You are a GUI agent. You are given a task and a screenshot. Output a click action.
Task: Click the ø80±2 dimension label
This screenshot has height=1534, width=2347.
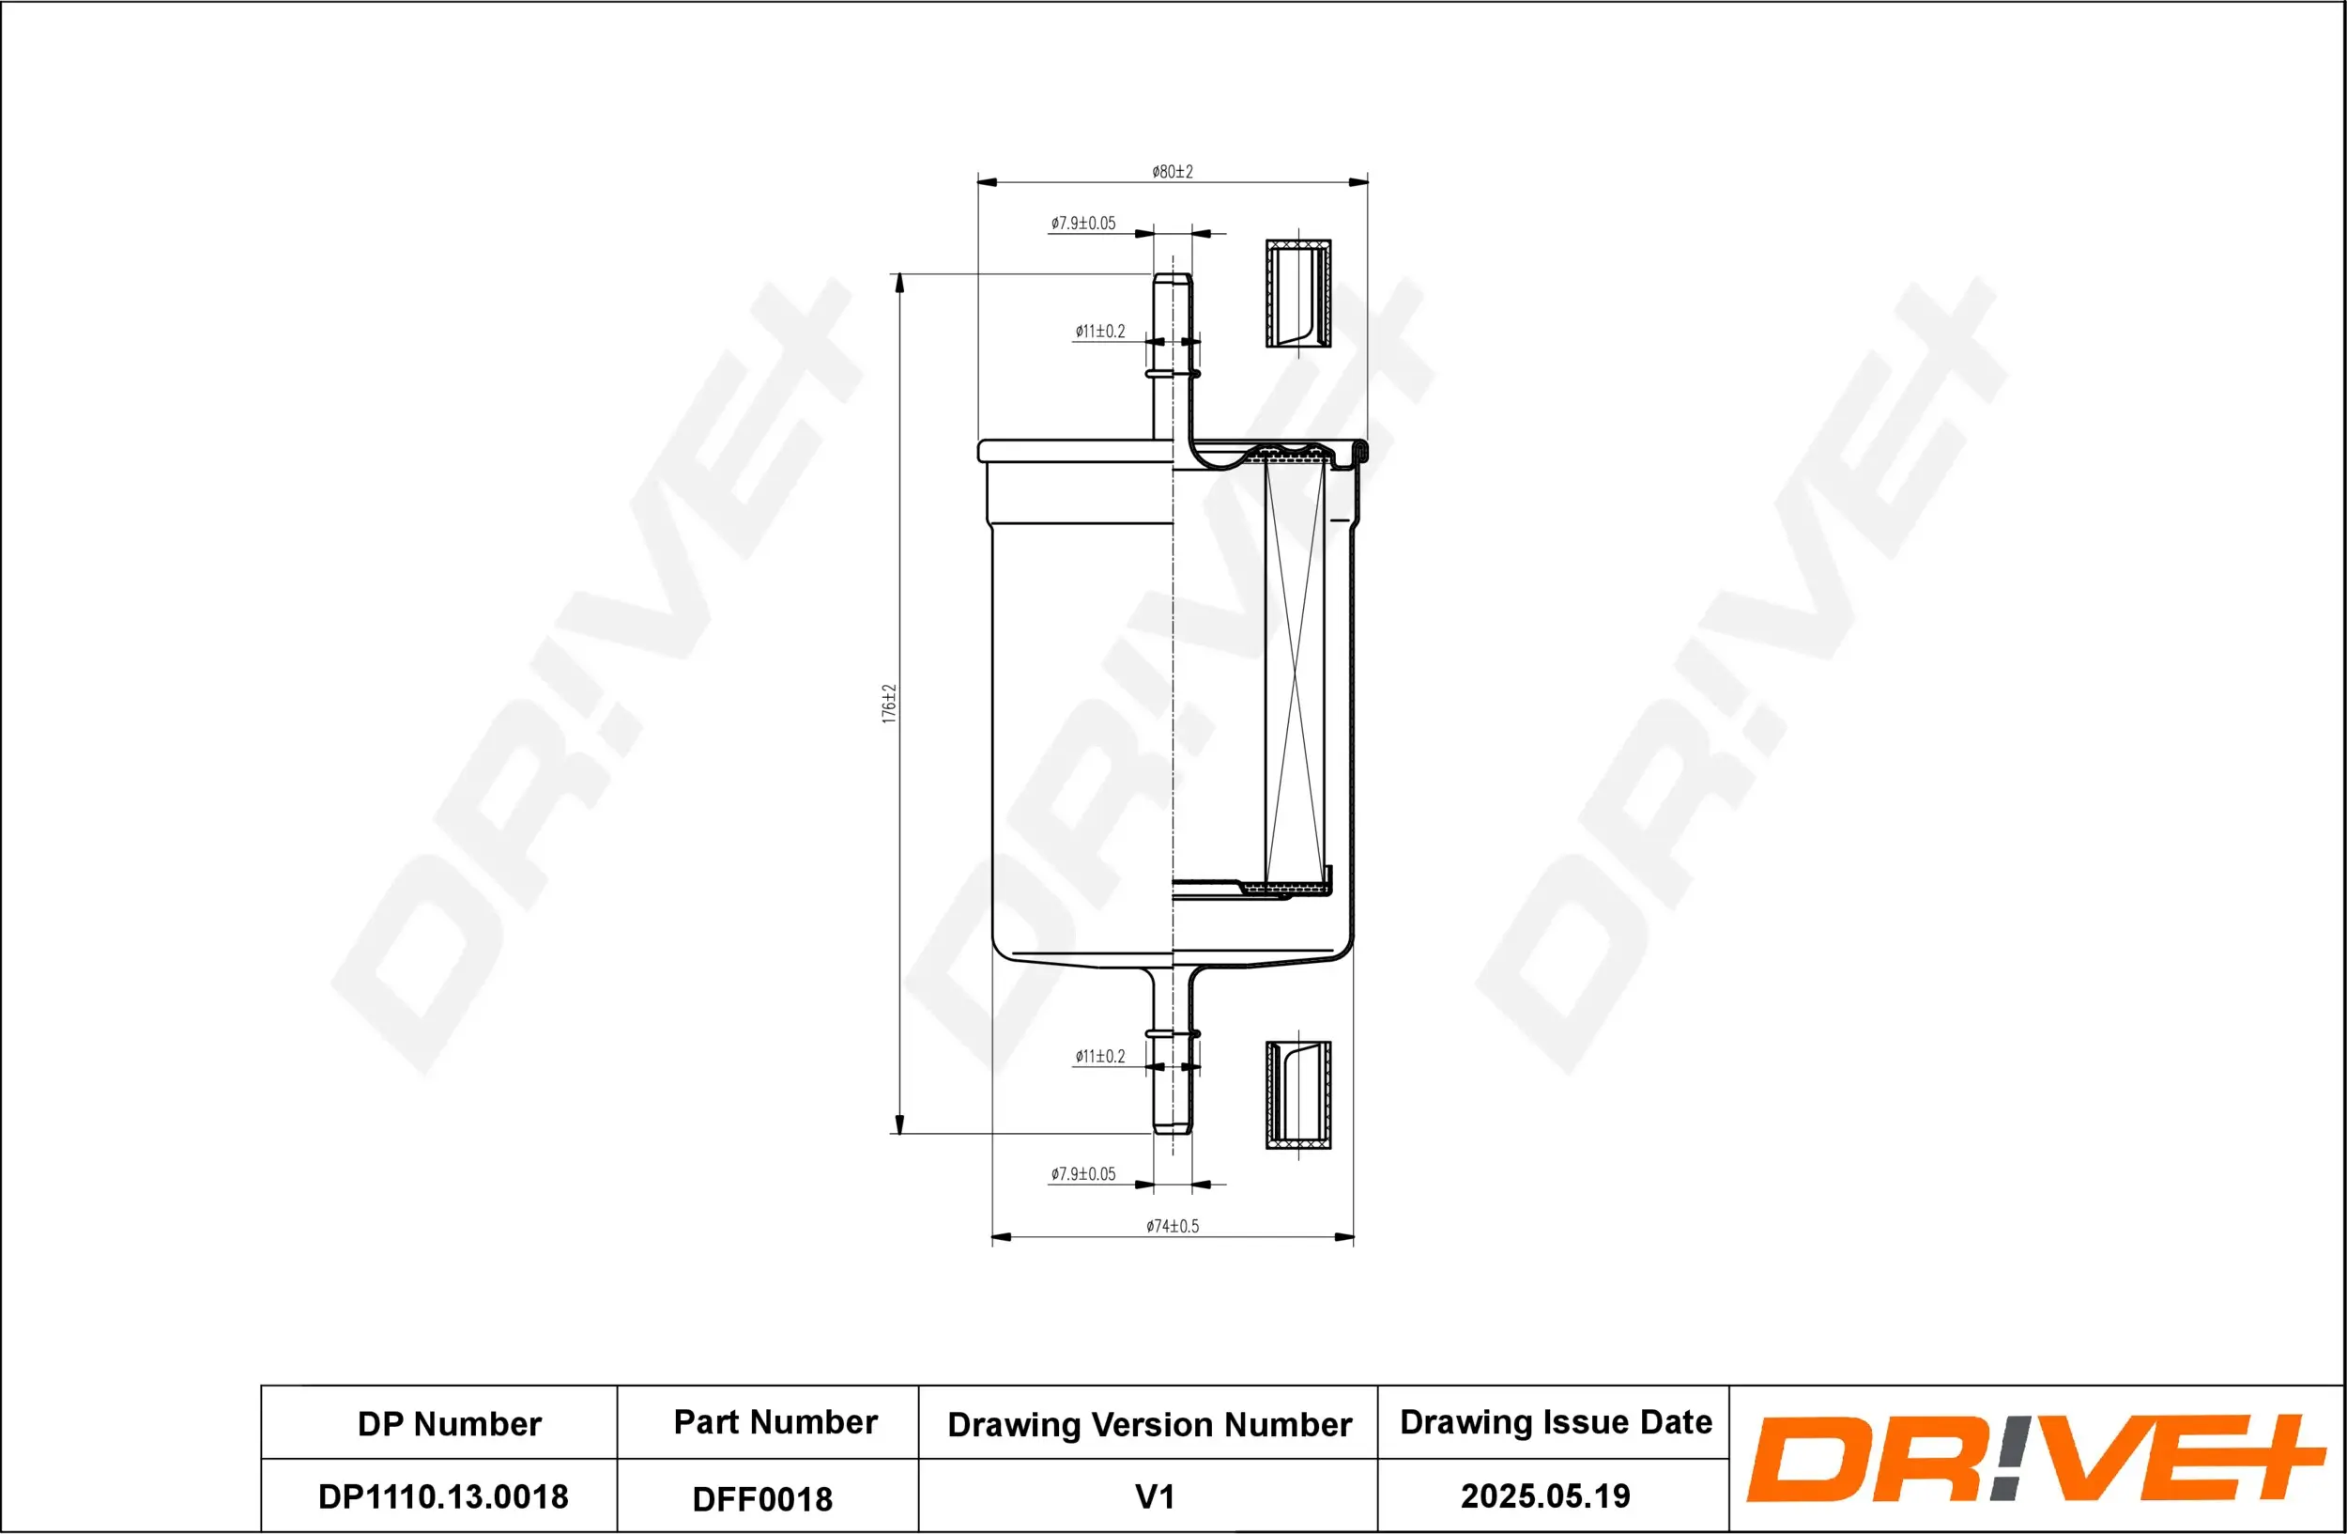click(x=1172, y=172)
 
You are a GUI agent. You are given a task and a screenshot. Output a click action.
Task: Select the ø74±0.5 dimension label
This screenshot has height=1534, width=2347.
click(x=1172, y=1226)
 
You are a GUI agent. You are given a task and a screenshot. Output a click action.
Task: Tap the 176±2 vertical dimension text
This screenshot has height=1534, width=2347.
click(x=889, y=704)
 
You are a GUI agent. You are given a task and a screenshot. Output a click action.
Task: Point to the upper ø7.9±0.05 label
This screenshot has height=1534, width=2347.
click(x=1082, y=224)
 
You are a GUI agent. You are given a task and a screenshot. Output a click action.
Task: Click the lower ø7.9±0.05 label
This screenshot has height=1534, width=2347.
click(x=1082, y=1174)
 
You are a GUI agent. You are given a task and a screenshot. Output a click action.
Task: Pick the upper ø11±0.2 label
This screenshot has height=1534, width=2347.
click(x=1099, y=332)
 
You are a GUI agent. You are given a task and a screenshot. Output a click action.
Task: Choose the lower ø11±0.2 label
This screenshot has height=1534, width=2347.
click(x=1099, y=1057)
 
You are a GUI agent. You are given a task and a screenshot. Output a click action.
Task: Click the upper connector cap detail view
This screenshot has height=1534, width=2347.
click(x=1297, y=293)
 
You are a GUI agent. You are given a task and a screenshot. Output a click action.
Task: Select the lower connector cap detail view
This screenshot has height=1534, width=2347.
click(x=1297, y=1095)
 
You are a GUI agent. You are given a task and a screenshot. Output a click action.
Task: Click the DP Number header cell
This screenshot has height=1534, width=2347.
click(x=449, y=1423)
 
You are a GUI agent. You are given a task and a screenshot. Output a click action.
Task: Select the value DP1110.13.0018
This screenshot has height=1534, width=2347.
click(x=443, y=1496)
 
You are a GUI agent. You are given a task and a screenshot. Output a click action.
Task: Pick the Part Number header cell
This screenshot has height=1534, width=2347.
click(x=775, y=1421)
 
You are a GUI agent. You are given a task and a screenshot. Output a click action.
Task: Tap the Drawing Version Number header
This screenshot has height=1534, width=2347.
click(x=1149, y=1424)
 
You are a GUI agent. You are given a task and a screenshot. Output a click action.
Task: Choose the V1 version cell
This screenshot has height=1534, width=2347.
click(x=1154, y=1496)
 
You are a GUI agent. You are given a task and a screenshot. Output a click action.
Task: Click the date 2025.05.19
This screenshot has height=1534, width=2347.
click(x=1544, y=1495)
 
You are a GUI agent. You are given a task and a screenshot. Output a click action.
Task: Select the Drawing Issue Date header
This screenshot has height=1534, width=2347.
click(x=1556, y=1421)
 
